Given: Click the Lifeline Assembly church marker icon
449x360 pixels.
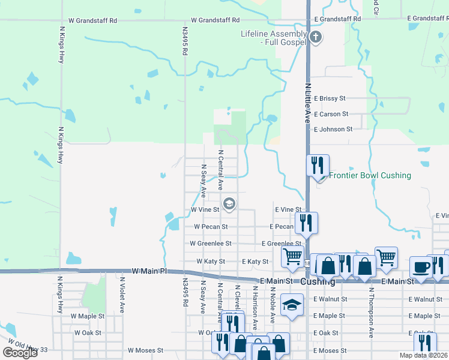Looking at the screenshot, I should click(316, 38).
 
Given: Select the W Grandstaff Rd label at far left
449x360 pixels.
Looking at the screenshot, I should click(92, 20).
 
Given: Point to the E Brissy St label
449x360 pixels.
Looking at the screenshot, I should click(330, 98).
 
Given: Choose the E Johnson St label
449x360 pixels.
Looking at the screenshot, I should click(333, 129).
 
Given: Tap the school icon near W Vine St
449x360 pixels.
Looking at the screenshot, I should click(229, 204).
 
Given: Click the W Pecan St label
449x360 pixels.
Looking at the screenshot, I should click(210, 227).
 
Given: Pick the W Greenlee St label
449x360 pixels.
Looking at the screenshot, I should click(209, 244).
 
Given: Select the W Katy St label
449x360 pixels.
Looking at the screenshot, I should click(210, 262).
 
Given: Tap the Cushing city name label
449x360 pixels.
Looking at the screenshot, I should click(317, 281).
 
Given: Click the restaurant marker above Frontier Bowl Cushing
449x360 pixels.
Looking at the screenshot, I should click(318, 164).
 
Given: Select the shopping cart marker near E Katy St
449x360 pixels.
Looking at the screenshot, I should click(293, 257).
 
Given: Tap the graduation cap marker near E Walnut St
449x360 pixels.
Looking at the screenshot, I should click(292, 304).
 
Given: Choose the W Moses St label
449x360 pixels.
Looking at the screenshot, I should click(145, 350).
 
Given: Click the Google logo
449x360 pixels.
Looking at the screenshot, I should click(20, 353).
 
